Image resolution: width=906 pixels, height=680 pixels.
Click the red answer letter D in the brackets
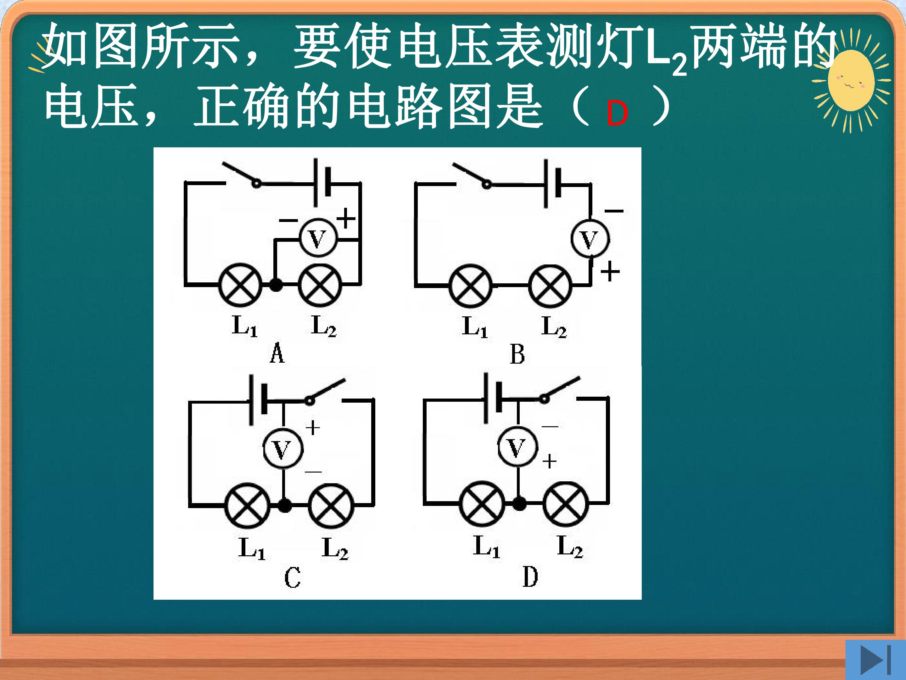pos(617,113)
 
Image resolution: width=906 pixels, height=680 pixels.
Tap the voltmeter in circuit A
pos(318,237)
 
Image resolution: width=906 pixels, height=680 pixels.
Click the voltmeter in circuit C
pos(282,449)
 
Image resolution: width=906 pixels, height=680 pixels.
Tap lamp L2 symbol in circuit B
pos(550,286)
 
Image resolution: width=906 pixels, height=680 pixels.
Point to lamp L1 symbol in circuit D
pos(482,503)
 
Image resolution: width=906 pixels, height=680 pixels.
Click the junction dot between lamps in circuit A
pos(276,285)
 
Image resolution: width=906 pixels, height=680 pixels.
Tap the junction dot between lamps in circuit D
pos(519,503)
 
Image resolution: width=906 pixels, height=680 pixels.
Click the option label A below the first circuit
pos(277,353)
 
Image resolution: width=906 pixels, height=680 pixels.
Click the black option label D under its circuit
pos(530,577)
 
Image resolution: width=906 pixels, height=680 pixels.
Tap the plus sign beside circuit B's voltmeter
pos(610,271)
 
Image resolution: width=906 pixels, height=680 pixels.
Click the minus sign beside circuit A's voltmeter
pos(288,220)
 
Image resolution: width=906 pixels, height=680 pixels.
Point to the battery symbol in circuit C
pos(258,399)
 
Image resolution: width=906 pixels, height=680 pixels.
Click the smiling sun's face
pos(851,81)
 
